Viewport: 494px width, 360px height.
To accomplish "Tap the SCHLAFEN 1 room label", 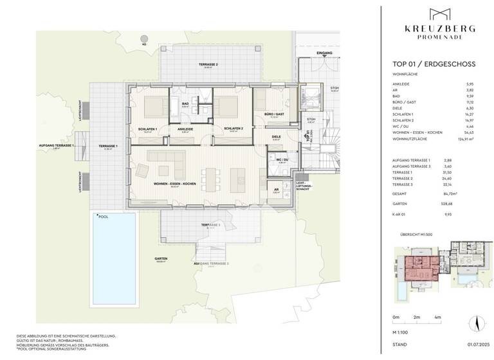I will point(149,129).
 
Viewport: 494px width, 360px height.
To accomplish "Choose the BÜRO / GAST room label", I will point(273,114).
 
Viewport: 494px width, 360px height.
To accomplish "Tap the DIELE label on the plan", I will point(277,136).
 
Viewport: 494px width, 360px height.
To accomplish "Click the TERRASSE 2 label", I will point(208,65).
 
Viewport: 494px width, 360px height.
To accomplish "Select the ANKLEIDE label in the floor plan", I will point(185,129).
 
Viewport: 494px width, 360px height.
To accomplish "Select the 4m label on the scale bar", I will point(438,318).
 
